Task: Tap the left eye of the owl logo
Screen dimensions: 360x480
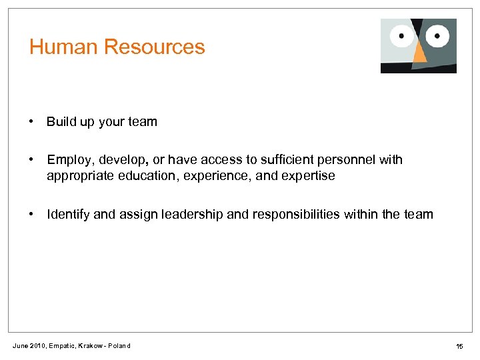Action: click(403, 35)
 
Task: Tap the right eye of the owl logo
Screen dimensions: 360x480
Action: click(437, 33)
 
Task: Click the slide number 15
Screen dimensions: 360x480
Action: click(459, 346)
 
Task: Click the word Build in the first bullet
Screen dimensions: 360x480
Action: click(59, 122)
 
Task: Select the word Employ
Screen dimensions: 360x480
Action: click(66, 161)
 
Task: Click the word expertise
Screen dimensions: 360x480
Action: click(310, 176)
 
